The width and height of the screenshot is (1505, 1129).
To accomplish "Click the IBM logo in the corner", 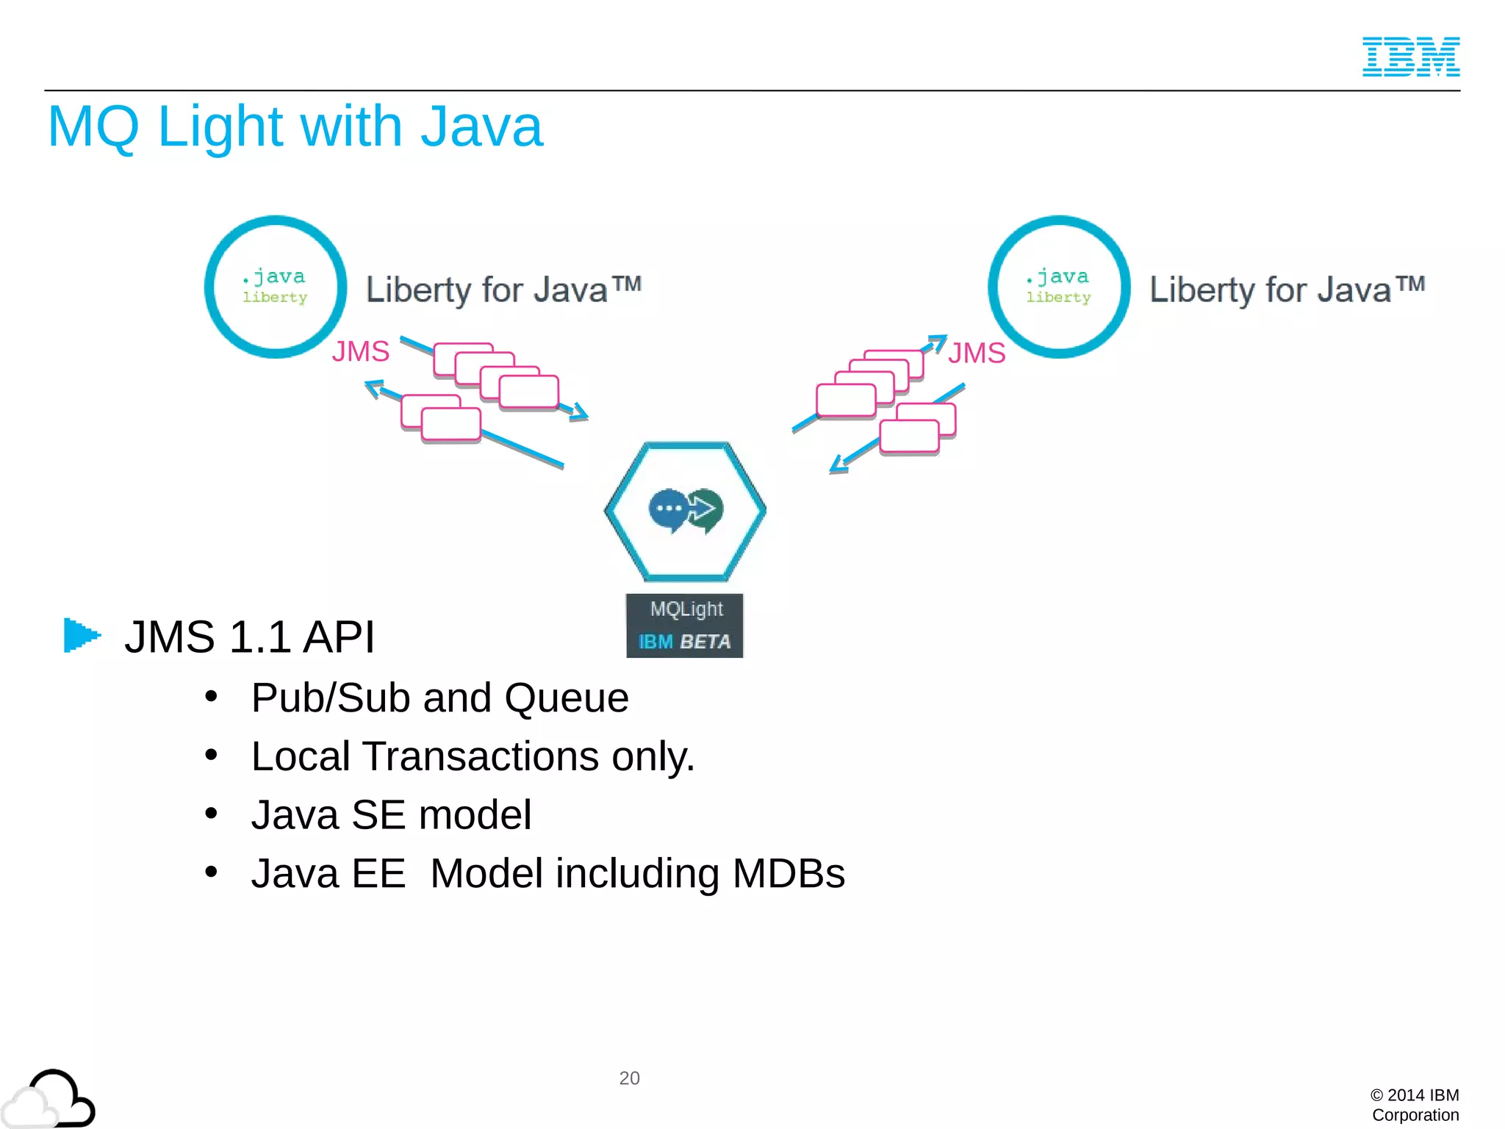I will point(1410,57).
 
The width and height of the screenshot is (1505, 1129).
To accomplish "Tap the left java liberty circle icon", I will point(276,287).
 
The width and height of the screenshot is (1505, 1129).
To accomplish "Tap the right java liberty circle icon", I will point(1059,287).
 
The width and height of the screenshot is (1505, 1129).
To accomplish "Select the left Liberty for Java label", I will point(503,289).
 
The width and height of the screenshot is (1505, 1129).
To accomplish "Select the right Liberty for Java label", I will point(1287,289).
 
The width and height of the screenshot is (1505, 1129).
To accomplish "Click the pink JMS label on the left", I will point(360,351).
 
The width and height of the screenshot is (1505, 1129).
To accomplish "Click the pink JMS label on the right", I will point(976,353).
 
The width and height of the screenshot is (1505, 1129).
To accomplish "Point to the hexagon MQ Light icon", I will point(685,510).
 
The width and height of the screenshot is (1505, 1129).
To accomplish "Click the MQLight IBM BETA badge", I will point(684,626).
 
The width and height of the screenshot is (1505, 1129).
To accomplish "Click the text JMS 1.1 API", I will point(250,637).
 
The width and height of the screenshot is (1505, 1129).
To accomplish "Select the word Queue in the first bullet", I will point(566,698).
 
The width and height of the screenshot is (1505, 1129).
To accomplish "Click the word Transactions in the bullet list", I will point(481,756).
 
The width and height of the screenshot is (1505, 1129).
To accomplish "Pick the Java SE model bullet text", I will point(391,815).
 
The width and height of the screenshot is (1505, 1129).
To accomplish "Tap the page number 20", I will point(629,1078).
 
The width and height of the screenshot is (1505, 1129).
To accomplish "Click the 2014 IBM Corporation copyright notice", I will point(1415,1105).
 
